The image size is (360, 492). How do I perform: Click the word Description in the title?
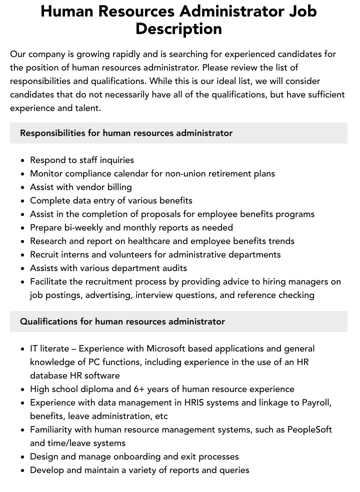(178, 28)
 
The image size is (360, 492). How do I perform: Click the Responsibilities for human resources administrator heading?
(126, 133)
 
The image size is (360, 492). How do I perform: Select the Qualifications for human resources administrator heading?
(122, 321)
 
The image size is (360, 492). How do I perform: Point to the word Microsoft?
(166, 348)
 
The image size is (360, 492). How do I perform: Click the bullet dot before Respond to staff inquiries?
(23, 160)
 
